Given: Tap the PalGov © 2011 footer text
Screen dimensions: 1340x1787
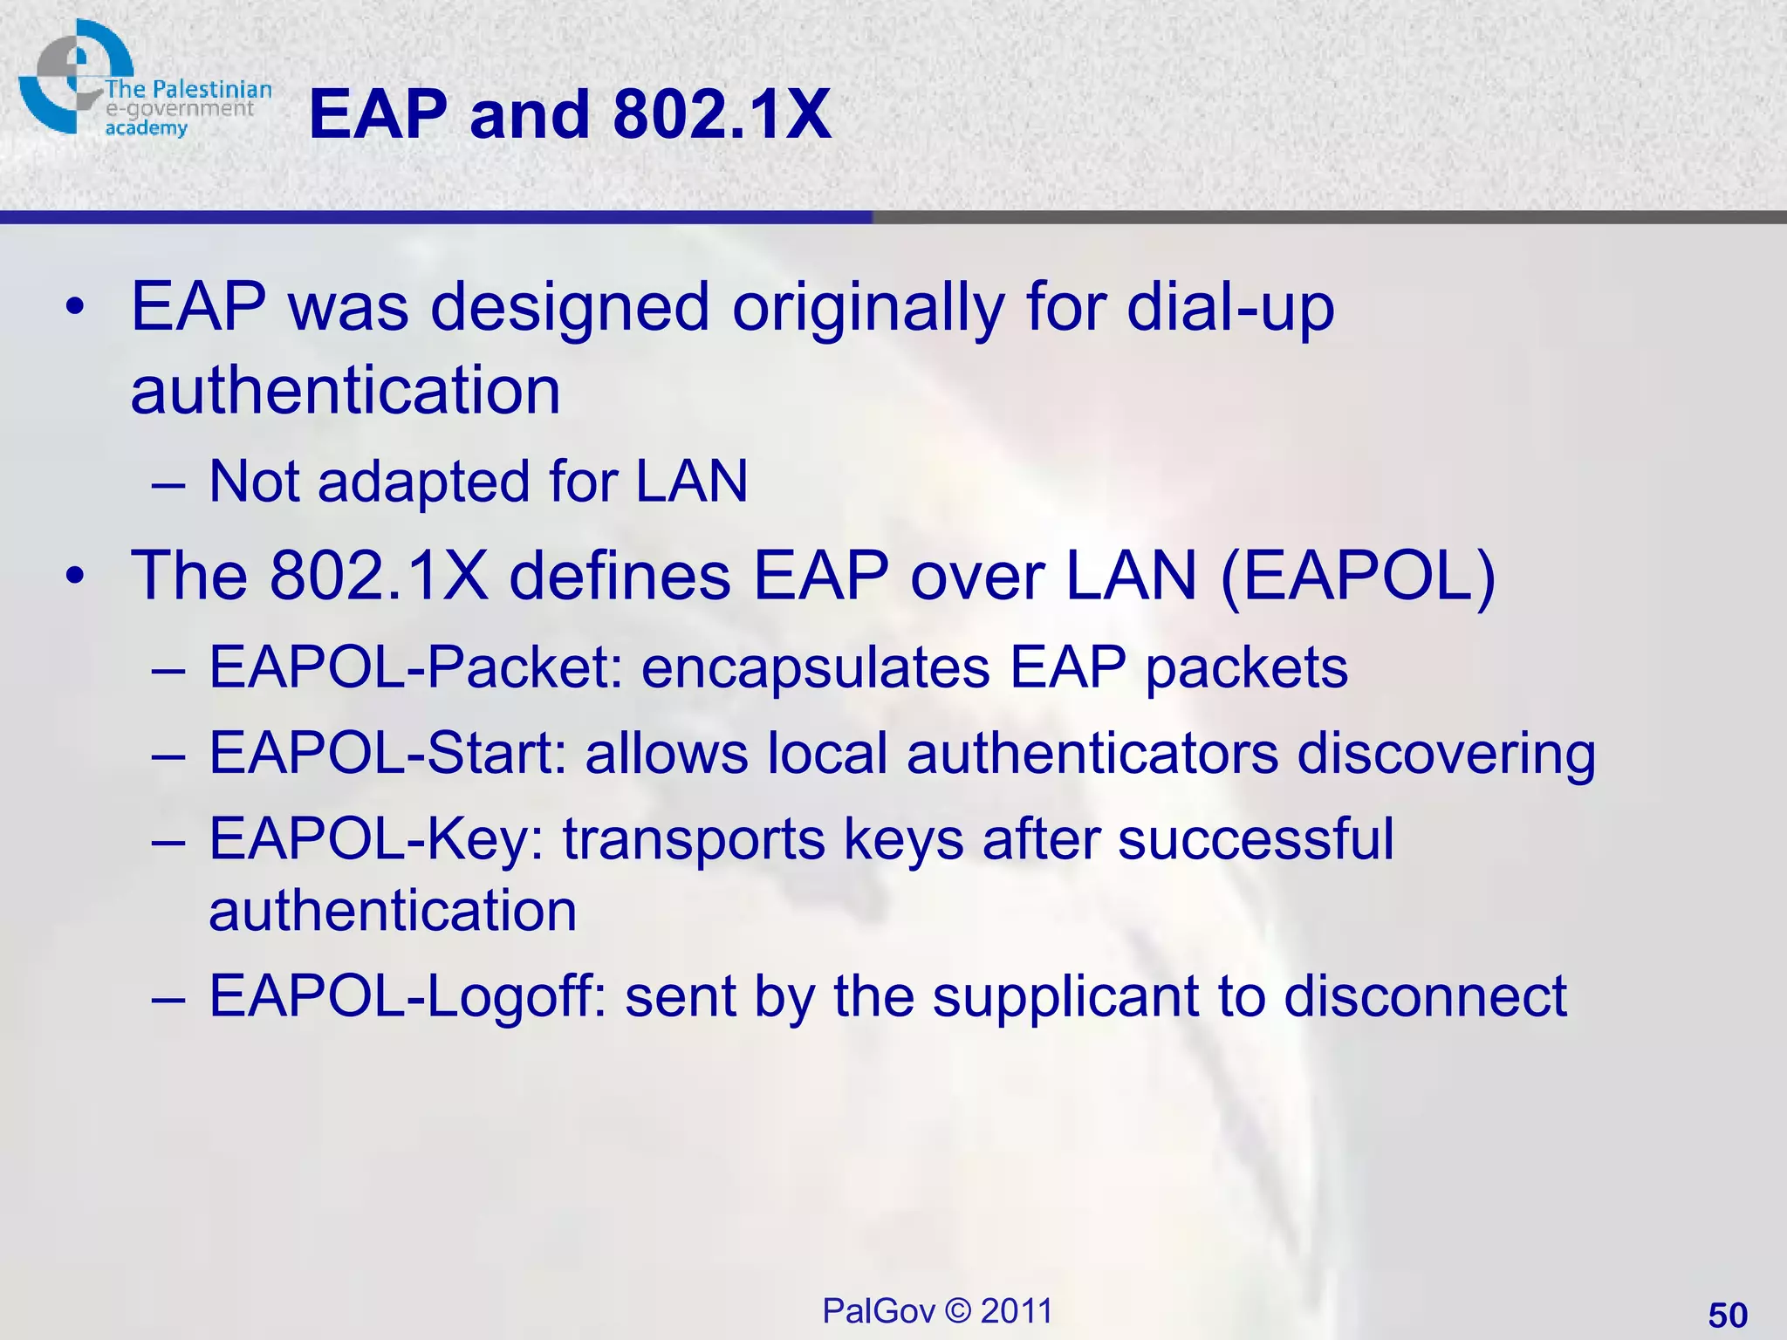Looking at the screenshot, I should pos(937,1310).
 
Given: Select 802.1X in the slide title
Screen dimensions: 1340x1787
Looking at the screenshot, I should pos(722,114).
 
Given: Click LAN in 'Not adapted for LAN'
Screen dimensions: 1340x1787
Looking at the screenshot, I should pos(691,481).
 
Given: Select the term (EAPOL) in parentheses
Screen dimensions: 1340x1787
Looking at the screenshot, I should pos(1358,576).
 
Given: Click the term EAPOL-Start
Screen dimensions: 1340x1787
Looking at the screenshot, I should pos(388,753).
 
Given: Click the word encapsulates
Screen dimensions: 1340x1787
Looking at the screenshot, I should pos(816,667).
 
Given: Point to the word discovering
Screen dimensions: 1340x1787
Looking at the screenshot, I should pos(1446,753).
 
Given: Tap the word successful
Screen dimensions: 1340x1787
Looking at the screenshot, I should pos(1256,839).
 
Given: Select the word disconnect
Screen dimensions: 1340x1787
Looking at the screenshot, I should pos(1425,995).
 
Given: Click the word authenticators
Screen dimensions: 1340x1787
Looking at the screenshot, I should pos(1092,753).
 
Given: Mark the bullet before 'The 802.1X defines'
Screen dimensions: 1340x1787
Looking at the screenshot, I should pos(76,577).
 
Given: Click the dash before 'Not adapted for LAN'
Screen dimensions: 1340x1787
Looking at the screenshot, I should pos(168,482).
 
